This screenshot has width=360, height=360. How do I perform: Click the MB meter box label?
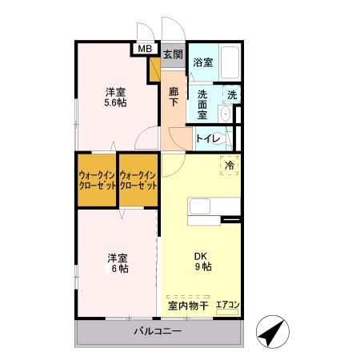click(145, 49)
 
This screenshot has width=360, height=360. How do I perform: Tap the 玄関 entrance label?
click(173, 54)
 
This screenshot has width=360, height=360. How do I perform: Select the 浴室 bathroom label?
click(203, 62)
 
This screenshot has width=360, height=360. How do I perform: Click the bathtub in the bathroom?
click(230, 62)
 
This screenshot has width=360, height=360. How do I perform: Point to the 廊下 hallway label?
click(174, 97)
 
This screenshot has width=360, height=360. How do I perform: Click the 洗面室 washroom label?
click(202, 105)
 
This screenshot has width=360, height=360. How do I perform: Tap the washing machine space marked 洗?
click(232, 94)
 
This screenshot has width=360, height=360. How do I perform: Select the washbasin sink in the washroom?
click(226, 114)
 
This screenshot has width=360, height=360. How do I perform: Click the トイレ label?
click(208, 138)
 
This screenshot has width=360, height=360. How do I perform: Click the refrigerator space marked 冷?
click(230, 166)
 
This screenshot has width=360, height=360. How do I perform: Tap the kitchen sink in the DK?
click(200, 206)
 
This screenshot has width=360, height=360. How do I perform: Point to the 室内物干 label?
click(188, 306)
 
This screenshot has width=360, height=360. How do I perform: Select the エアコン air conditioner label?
click(227, 305)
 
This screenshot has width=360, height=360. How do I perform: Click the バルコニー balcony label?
click(158, 331)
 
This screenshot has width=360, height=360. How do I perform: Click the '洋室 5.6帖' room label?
click(115, 98)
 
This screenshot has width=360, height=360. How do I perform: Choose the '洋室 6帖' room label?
click(118, 263)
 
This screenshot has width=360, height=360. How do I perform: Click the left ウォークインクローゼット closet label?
click(97, 181)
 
